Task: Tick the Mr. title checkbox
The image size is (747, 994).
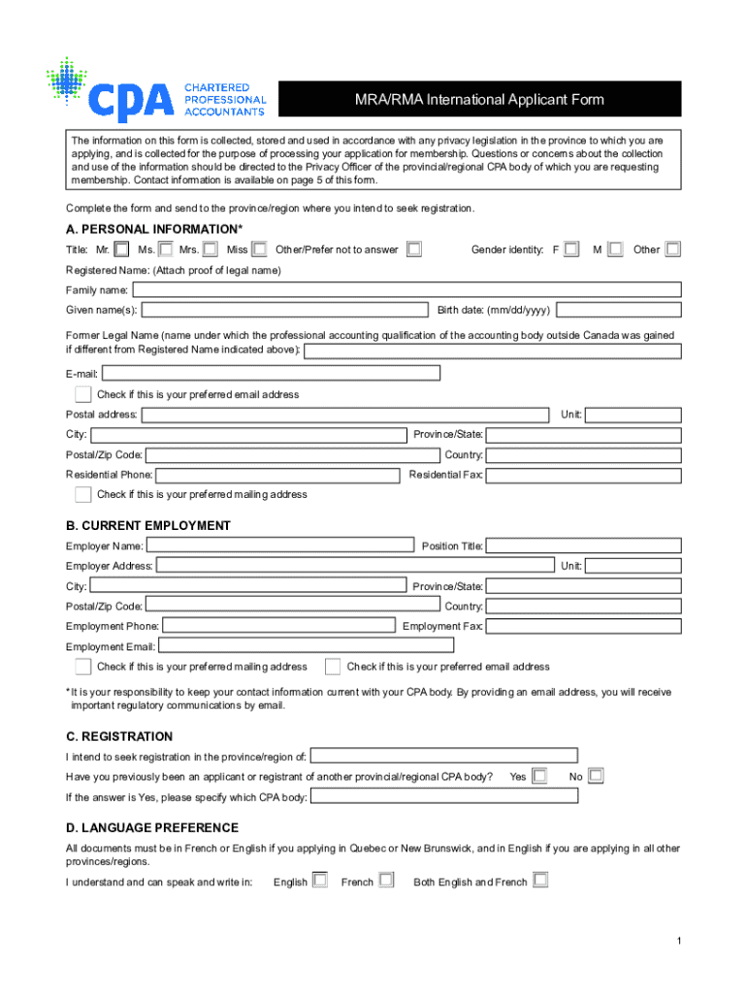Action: coord(121,249)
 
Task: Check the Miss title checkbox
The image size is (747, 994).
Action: coord(259,249)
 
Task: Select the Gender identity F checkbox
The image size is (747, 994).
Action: coord(571,249)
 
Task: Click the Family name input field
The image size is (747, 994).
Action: coord(406,289)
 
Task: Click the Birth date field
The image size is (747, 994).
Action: coord(619,310)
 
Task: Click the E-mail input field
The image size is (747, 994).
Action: coord(271,373)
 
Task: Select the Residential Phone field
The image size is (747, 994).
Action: coord(277,476)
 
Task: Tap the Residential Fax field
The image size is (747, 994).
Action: coord(583,476)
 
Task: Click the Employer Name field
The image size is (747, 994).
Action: coord(280,545)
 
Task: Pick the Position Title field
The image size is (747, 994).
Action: coord(583,546)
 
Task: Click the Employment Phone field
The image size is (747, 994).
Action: coord(278,626)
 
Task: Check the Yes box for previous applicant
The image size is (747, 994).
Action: coord(539,776)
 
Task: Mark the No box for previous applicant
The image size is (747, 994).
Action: coord(596,776)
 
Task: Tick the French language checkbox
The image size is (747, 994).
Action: coord(386,880)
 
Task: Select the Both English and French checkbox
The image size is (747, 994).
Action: coord(540,880)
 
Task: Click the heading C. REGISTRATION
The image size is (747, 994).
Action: coord(119,737)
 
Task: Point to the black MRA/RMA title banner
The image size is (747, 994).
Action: coord(479,100)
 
